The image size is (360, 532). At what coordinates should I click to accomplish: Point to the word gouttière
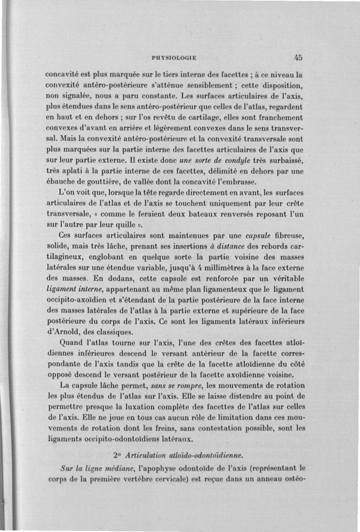tap(99, 182)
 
